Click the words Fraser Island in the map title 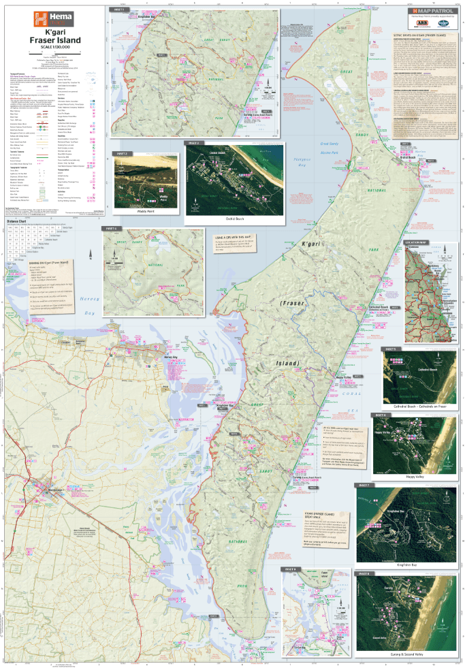pos(54,40)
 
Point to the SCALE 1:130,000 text pos(54,48)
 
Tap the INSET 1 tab pos(119,11)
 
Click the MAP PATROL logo pos(430,12)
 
